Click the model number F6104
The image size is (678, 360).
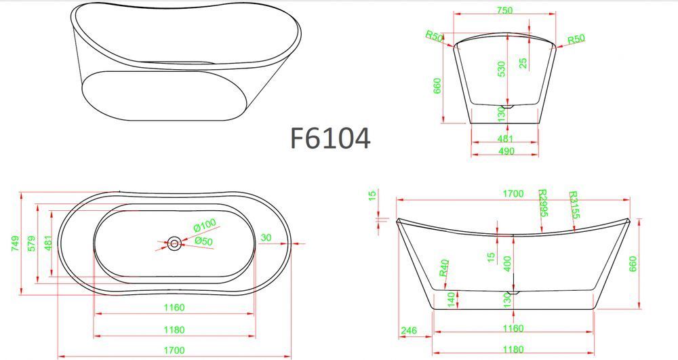point(330,138)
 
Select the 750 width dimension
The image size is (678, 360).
point(504,10)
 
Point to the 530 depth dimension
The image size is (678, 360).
point(501,69)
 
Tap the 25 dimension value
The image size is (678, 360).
point(523,63)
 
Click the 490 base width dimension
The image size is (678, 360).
point(506,151)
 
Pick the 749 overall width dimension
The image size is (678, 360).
point(15,244)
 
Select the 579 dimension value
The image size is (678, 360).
point(32,244)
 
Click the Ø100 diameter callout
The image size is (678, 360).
point(205,225)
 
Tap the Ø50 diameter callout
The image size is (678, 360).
point(203,241)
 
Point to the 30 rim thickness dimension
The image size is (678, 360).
point(266,238)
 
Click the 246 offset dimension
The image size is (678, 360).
point(409,331)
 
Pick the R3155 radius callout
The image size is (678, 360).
point(574,205)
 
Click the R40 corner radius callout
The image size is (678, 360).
point(444,268)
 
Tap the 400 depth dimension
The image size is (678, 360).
point(507,264)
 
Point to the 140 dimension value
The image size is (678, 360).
point(451,300)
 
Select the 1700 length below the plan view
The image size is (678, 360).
point(174,350)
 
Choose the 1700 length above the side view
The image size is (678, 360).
point(513,194)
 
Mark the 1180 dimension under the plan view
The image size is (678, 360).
point(174,329)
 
